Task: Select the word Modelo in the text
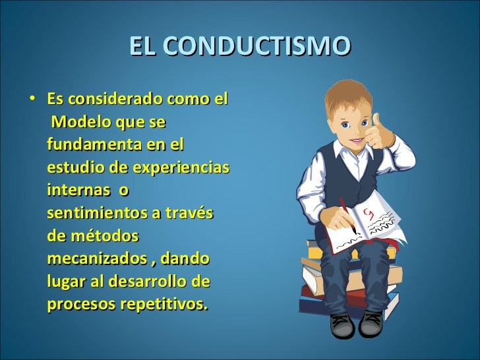point(81,123)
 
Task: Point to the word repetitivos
point(165,303)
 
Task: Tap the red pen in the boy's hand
point(347,212)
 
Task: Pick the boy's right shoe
point(342,324)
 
